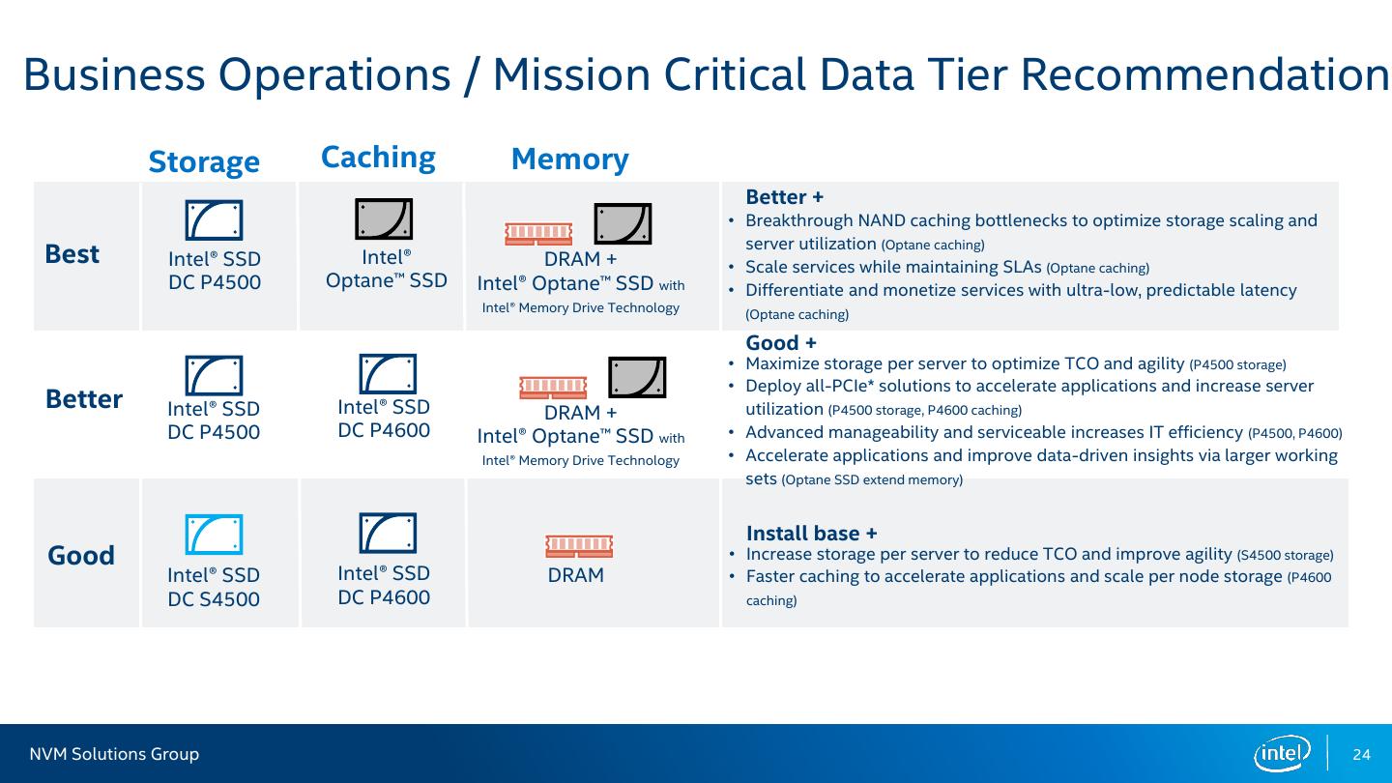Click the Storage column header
coord(204,162)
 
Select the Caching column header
coord(378,158)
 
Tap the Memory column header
coord(570,159)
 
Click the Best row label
coord(72,254)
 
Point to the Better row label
coord(84,399)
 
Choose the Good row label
coord(81,555)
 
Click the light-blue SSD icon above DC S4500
coord(214,535)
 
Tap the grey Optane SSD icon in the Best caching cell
coord(384,218)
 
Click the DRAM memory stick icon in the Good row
coord(579,545)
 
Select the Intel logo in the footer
coord(1283,754)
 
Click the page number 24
coord(1361,754)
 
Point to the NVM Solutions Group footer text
coord(114,754)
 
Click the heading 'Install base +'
coord(812,534)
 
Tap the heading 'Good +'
coord(781,342)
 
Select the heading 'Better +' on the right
coord(785,197)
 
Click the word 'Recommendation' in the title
coord(1204,74)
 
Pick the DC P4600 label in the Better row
coord(384,430)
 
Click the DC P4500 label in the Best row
coord(215,282)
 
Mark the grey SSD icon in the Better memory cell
coord(637,377)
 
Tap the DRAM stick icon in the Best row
coord(538,234)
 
